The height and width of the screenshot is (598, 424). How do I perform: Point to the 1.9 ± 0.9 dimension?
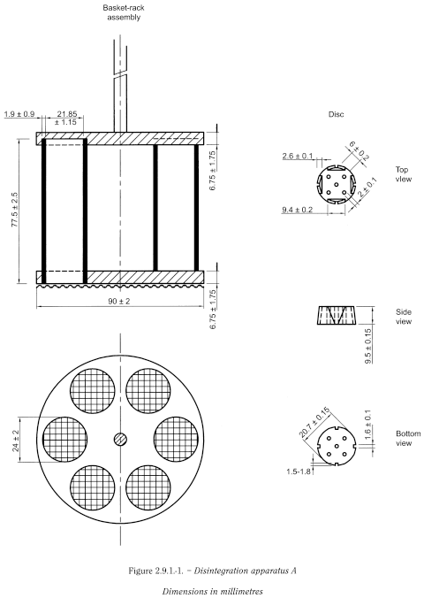tap(19, 114)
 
